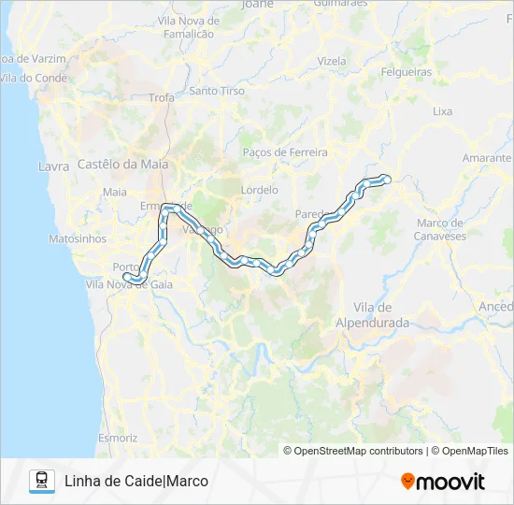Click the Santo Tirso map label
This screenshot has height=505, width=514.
216,91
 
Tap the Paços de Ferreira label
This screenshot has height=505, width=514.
284,151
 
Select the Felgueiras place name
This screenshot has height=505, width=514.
406,71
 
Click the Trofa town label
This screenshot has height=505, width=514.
161,96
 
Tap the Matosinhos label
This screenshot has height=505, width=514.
78,238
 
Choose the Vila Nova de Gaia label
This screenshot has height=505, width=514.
128,283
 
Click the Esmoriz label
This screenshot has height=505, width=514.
118,438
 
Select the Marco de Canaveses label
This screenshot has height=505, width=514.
441,229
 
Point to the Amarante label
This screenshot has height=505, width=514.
486,158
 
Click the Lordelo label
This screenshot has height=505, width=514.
259,189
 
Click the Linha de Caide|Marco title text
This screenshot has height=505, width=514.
136,481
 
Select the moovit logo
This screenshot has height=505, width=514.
443,482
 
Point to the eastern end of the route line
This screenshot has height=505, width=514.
386,178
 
